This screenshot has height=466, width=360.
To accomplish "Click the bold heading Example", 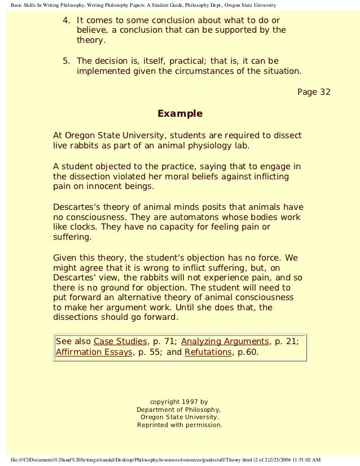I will tap(179, 114).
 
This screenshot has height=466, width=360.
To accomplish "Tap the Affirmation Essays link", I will tap(92, 353).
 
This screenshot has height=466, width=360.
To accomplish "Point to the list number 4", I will tap(65, 20).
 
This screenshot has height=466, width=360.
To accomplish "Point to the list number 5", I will tap(65, 61).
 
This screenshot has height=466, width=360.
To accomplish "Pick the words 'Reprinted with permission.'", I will tap(179, 425).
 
